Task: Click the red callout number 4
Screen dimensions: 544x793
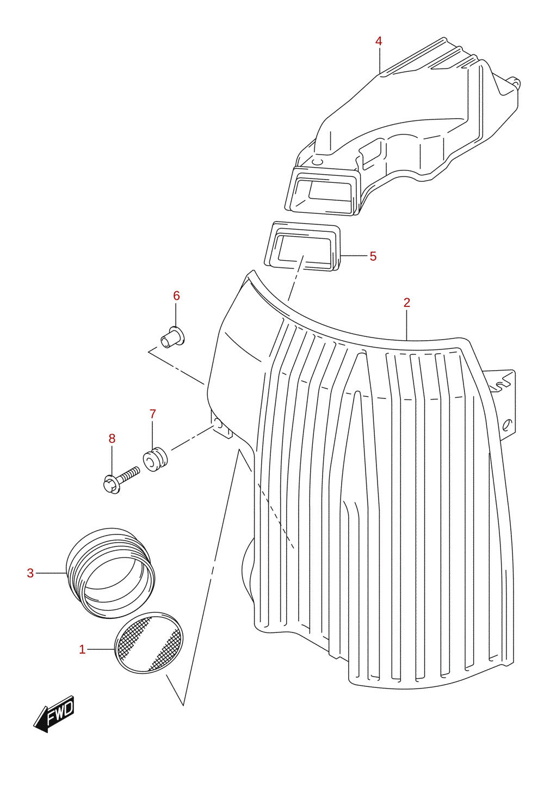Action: tap(379, 41)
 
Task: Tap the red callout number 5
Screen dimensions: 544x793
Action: tap(373, 256)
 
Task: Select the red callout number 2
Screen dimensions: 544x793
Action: tap(407, 303)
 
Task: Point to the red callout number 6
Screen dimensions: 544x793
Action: tap(177, 296)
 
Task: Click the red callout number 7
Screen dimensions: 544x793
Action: tap(152, 414)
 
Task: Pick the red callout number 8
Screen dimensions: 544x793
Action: tap(112, 439)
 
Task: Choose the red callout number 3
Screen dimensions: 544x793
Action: tap(30, 573)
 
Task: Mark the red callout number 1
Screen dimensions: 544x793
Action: tap(82, 650)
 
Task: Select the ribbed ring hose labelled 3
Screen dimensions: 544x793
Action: tap(110, 573)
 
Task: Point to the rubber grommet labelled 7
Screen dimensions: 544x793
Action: tap(155, 459)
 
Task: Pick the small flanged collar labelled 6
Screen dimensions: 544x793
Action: tap(173, 337)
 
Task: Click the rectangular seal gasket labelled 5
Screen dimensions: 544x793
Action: tap(302, 247)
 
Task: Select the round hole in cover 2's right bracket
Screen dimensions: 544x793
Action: tap(507, 423)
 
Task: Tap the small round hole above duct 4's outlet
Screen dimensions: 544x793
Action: tap(317, 162)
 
